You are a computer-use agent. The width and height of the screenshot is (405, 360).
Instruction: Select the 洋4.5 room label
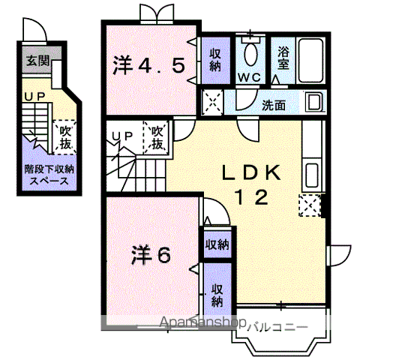click(148, 65)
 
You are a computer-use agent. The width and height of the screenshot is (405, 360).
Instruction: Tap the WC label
click(249, 76)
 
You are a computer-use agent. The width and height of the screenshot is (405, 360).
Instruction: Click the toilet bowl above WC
click(250, 53)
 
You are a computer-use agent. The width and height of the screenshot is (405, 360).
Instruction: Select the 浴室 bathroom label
click(283, 58)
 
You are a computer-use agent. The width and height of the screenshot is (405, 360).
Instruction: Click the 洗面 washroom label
click(273, 105)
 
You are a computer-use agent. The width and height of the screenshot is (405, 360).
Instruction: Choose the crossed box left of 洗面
click(213, 102)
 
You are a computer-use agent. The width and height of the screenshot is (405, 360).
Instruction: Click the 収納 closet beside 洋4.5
click(214, 59)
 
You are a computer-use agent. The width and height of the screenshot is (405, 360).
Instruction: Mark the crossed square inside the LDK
click(309, 203)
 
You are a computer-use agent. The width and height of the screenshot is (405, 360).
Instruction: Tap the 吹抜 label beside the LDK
click(157, 138)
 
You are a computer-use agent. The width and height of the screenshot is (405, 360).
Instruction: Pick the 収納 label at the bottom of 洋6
click(217, 295)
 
